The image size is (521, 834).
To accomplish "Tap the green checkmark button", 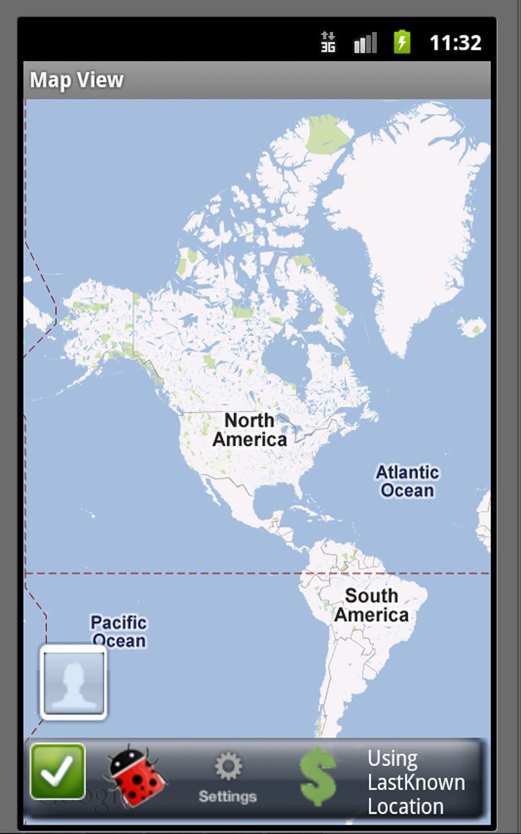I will (58, 772).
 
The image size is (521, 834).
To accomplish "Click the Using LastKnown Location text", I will (415, 782).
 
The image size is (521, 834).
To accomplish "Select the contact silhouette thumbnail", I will (74, 682).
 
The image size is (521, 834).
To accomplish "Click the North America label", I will (249, 429).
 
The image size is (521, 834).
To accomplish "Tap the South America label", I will (371, 605).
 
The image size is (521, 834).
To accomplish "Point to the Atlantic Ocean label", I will (408, 481).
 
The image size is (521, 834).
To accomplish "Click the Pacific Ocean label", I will (119, 631).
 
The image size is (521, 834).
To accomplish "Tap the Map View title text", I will (77, 80).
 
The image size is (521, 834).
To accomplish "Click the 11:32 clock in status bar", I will (455, 43).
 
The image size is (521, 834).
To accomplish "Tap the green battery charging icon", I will (402, 43).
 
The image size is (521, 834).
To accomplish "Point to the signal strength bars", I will (365, 43).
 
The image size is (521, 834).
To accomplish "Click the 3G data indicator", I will (328, 43).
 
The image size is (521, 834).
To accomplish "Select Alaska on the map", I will (98, 319).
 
